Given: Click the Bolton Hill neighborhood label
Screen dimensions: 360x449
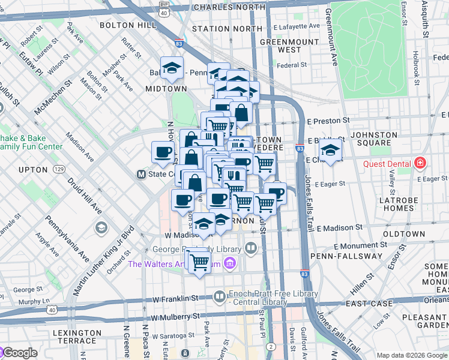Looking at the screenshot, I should click(122, 25).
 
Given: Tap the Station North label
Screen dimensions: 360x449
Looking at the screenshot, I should click(218, 28).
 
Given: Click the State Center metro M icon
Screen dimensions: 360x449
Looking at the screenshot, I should click(142, 175).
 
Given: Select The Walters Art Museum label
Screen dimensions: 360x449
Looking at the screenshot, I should click(175, 263).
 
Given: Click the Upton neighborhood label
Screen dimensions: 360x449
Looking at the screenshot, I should click(33, 170).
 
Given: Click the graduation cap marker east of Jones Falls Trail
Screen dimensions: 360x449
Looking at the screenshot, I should click(330, 150).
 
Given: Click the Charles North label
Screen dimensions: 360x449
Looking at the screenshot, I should click(229, 7).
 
